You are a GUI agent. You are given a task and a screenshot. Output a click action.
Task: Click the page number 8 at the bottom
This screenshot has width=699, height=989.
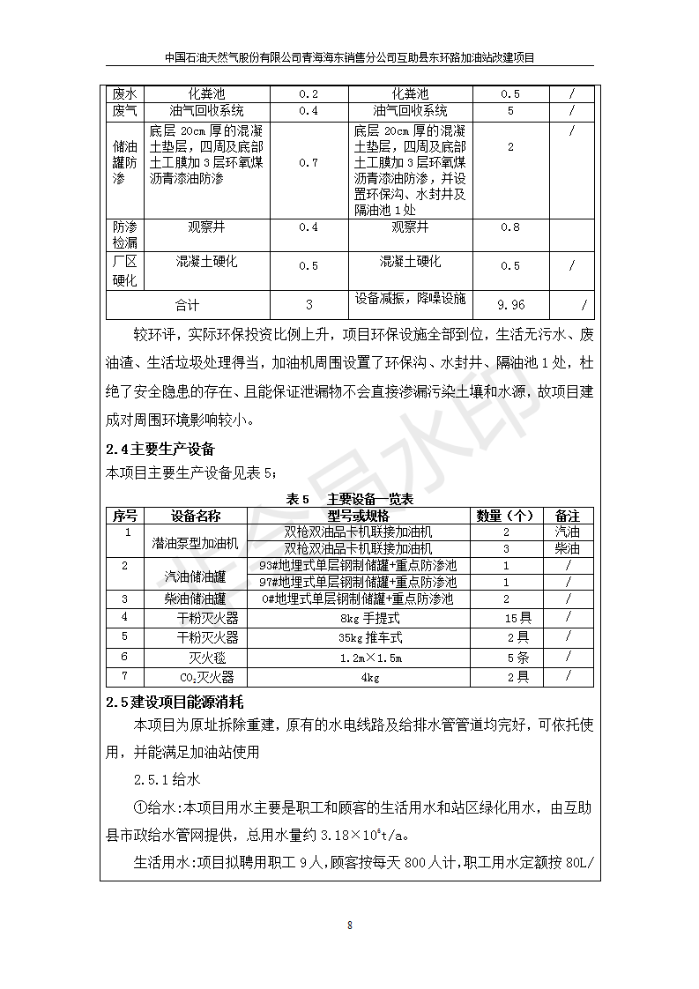pos(350,925)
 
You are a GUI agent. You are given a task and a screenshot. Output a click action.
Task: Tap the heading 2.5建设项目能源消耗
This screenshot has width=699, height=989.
pos(174,702)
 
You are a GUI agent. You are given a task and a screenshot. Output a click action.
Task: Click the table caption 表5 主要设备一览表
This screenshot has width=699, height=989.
pos(350,499)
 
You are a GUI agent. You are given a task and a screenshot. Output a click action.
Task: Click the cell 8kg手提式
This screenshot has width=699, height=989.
pos(369,618)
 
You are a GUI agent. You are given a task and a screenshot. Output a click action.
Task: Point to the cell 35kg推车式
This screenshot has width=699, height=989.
pos(369,637)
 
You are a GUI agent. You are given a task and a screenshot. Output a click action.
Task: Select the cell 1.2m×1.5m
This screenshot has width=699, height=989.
pos(369,658)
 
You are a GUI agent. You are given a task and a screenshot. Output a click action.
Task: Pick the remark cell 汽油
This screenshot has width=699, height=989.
pos(568,532)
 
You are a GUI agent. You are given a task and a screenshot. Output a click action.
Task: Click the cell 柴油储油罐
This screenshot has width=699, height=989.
pos(195,599)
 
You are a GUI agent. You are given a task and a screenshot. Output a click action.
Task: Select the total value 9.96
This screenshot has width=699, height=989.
pos(510,305)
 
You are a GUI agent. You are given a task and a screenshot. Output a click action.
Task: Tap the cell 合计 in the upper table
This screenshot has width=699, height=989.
pos(187,305)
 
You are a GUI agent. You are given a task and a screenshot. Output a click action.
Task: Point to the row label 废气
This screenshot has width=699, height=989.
pos(124,111)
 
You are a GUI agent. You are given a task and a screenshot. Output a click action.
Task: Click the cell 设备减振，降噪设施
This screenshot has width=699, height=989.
pos(410,299)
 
